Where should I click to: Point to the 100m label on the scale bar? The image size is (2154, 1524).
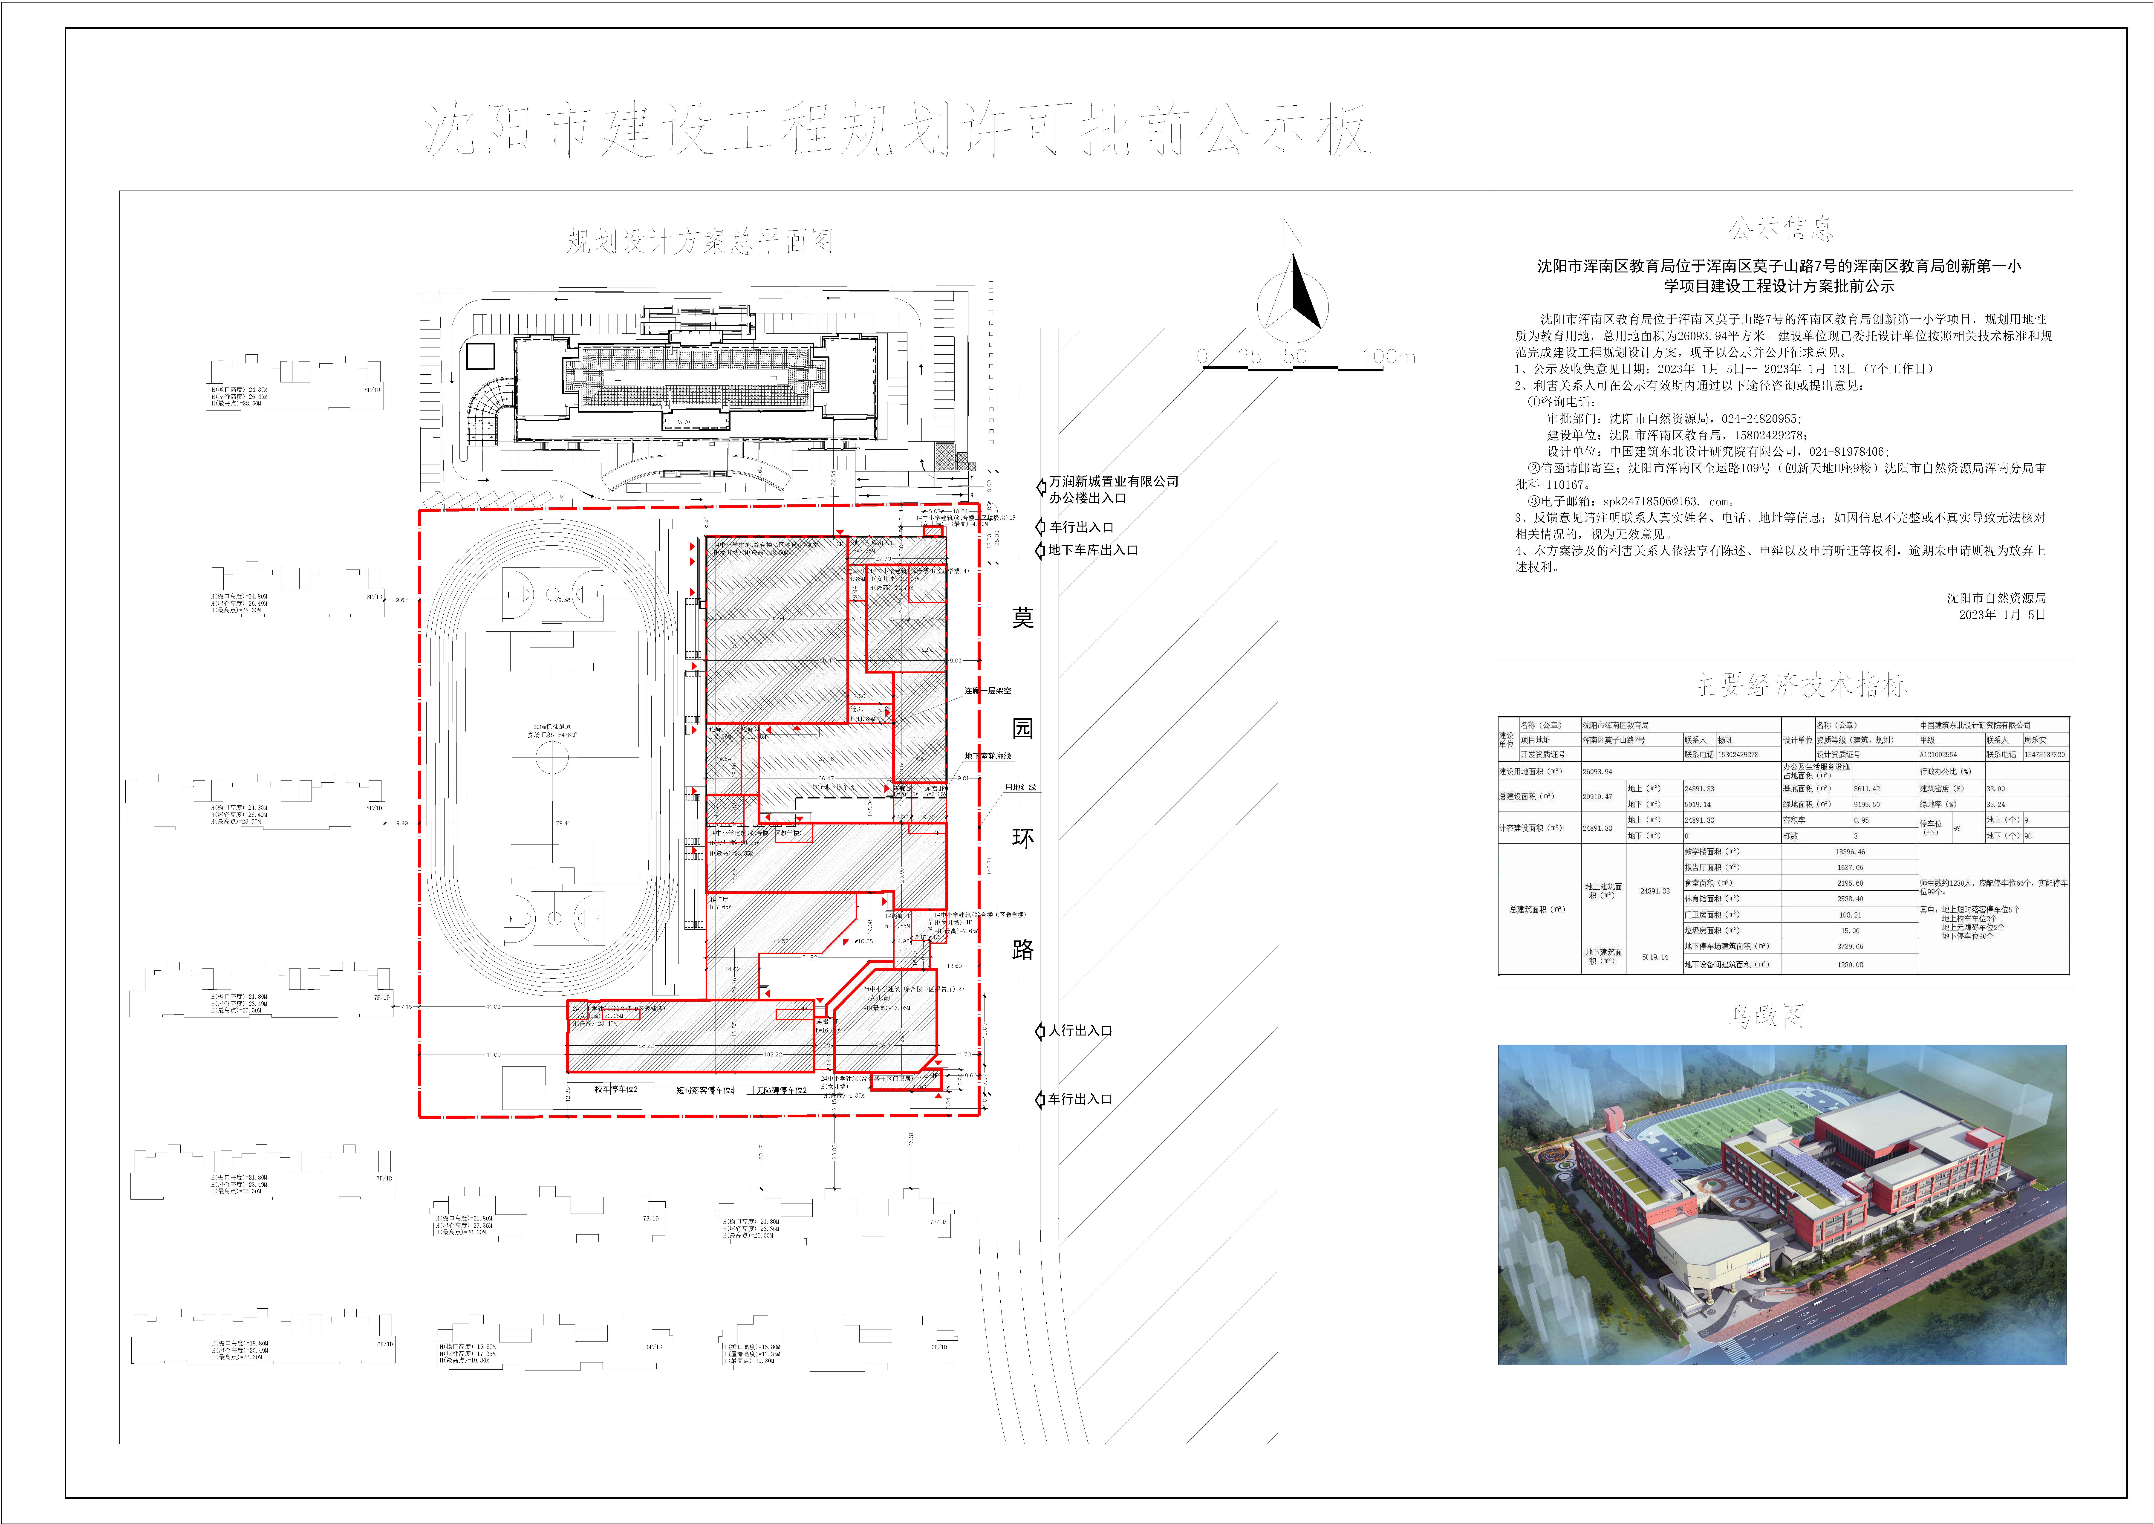tap(1389, 357)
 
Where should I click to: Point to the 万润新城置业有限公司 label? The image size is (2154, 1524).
tap(1114, 481)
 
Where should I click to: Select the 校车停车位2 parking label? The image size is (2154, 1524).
tap(616, 1090)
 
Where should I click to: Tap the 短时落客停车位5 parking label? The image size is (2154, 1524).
tap(705, 1090)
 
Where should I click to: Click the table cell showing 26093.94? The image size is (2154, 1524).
tap(1598, 771)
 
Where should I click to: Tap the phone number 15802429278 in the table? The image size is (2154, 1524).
tap(1738, 755)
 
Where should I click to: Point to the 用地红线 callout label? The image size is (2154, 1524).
tap(1021, 787)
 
